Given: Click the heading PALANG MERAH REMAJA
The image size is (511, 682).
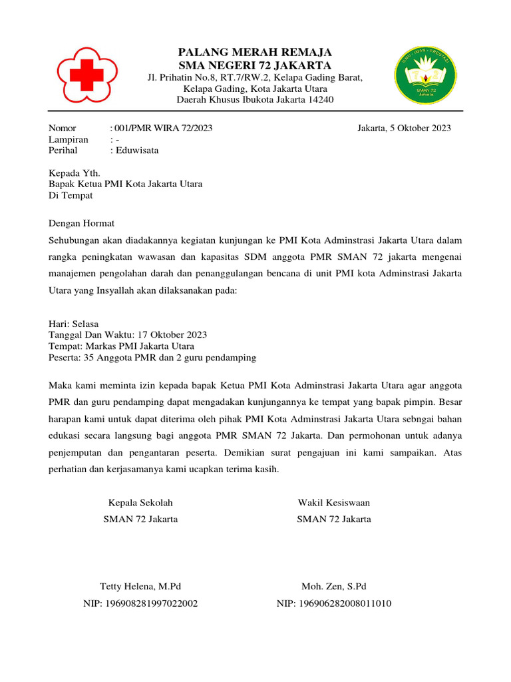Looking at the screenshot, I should coord(255,52).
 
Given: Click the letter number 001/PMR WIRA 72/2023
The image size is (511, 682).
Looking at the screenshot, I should coord(164,128).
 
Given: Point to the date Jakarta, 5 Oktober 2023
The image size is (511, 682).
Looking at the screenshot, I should coord(404,128).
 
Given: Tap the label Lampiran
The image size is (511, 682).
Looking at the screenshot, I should coord(69,139).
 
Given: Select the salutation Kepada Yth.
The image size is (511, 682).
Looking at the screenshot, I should coord(75,173).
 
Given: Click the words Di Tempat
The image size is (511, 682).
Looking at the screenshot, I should coord(71,196).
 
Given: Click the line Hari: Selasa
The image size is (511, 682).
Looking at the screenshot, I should coord(74,324).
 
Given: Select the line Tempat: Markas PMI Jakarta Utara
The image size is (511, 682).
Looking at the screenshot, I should coord(122,346).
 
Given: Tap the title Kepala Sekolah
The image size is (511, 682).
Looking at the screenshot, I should coord(140,503).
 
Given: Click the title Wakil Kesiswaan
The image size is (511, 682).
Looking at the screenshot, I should coord(334,503).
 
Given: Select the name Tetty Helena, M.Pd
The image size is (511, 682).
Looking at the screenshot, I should coord(140,587).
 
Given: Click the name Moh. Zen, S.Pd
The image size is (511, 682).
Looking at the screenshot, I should coord(334,587).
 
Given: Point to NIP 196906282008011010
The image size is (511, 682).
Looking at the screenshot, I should coord(334,604).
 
